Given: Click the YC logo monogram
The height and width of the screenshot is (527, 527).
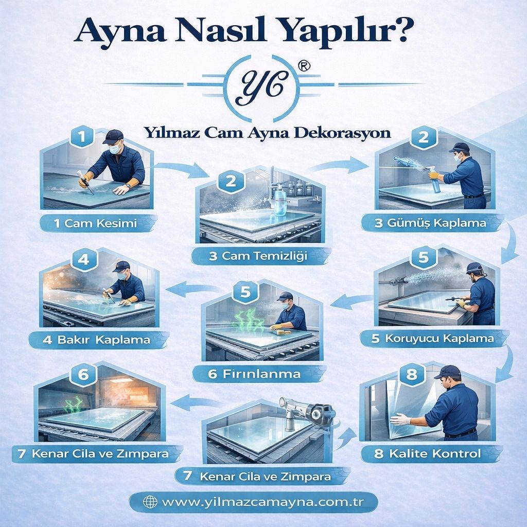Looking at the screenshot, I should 263,82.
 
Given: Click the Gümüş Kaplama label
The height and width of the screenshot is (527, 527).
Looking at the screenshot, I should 431,223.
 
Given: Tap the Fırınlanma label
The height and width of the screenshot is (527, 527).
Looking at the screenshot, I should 254,373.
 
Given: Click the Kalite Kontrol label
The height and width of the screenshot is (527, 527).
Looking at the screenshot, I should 428,453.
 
